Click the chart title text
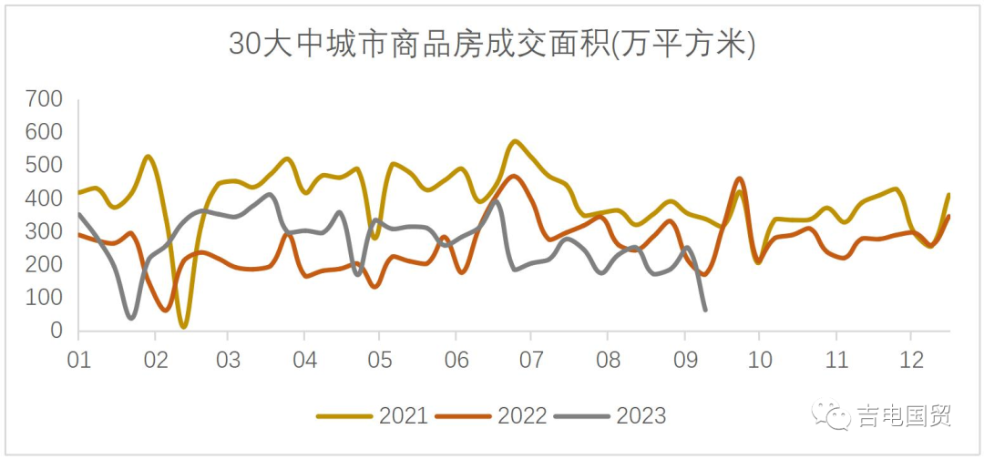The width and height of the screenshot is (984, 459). click(492, 44)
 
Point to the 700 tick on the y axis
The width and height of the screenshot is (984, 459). click(44, 98)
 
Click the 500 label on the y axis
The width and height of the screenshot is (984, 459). click(44, 165)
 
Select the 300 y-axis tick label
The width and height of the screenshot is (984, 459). click(44, 231)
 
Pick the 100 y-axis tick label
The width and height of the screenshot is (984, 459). click(44, 298)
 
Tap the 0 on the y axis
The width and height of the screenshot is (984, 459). click(56, 331)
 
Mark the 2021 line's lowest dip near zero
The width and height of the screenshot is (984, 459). click(184, 325)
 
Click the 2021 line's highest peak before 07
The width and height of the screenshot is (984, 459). click(516, 141)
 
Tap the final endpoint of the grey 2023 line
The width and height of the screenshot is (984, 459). click(705, 311)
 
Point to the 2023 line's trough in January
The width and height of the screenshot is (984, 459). click(132, 318)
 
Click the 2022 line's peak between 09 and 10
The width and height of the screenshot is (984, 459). click(739, 178)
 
